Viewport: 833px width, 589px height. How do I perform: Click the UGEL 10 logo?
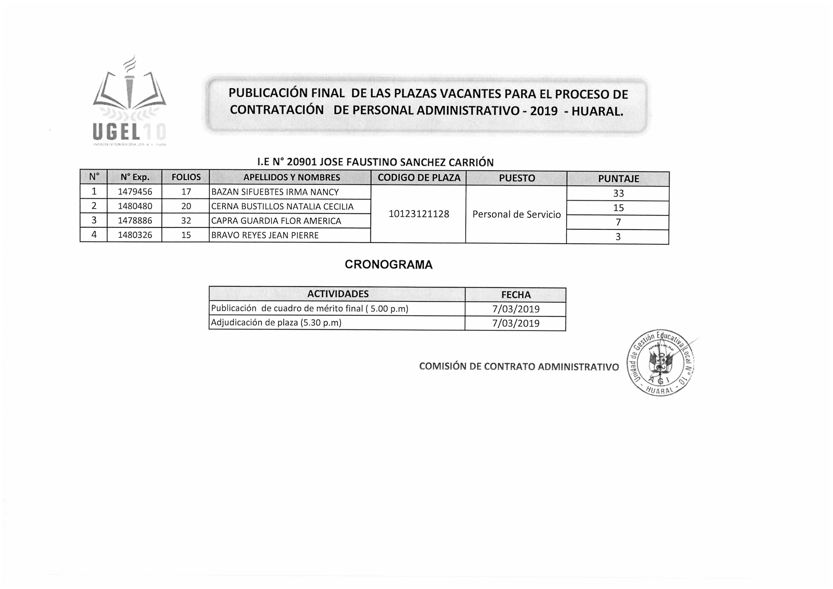pos(129,103)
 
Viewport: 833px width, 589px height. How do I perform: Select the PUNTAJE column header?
pos(618,179)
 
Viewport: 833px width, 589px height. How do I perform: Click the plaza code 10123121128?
pos(419,214)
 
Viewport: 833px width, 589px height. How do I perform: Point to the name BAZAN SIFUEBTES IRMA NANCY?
pos(275,192)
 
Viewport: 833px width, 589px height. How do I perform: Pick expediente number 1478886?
pos(135,221)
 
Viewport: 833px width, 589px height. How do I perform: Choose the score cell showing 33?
pos(618,193)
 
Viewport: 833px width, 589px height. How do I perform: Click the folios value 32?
pos(186,221)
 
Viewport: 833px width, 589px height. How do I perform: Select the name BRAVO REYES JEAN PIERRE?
pos(265,235)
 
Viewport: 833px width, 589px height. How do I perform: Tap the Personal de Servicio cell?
pos(516,214)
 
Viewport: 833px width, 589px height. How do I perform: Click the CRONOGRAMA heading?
pos(388,265)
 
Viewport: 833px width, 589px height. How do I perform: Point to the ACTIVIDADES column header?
pos(338,294)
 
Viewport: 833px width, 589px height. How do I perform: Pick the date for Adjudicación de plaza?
pos(516,323)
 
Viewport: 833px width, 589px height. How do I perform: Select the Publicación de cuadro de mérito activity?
pos(309,309)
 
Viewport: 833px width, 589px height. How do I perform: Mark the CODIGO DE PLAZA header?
pos(419,178)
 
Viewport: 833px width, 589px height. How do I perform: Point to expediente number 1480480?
pos(135,206)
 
